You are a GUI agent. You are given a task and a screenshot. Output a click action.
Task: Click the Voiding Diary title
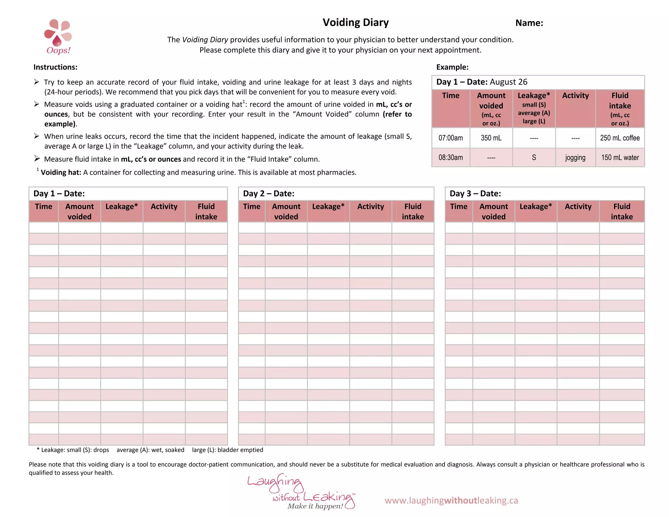(355, 23)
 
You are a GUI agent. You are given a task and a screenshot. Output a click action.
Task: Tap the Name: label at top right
(529, 23)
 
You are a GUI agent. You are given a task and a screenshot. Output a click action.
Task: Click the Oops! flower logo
(58, 36)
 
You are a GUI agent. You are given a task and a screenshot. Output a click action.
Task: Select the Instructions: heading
(55, 67)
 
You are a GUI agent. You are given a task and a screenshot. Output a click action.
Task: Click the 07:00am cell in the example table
(450, 138)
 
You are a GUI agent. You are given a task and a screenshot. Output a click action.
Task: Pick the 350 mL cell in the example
(491, 138)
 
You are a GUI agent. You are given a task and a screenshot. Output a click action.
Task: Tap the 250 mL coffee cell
(619, 138)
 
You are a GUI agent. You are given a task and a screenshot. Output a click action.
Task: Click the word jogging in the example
(575, 158)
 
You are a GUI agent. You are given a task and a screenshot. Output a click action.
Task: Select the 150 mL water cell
(620, 158)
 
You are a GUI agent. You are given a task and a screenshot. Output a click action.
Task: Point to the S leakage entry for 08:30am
(534, 158)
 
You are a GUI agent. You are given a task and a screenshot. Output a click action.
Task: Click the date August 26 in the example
(508, 82)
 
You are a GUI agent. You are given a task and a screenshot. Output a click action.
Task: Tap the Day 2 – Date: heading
(269, 193)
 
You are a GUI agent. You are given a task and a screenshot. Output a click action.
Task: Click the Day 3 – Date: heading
(475, 193)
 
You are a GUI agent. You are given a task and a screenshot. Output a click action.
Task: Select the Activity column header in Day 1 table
(164, 207)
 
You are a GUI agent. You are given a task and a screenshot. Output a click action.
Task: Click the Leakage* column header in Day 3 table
(535, 207)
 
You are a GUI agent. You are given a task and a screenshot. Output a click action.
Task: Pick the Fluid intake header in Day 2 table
(413, 211)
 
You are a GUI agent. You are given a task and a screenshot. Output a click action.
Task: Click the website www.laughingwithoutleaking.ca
(451, 500)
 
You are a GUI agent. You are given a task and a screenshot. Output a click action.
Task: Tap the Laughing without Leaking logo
(301, 492)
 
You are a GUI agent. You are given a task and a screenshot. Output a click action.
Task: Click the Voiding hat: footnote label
(61, 173)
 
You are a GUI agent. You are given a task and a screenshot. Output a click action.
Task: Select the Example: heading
(452, 67)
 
